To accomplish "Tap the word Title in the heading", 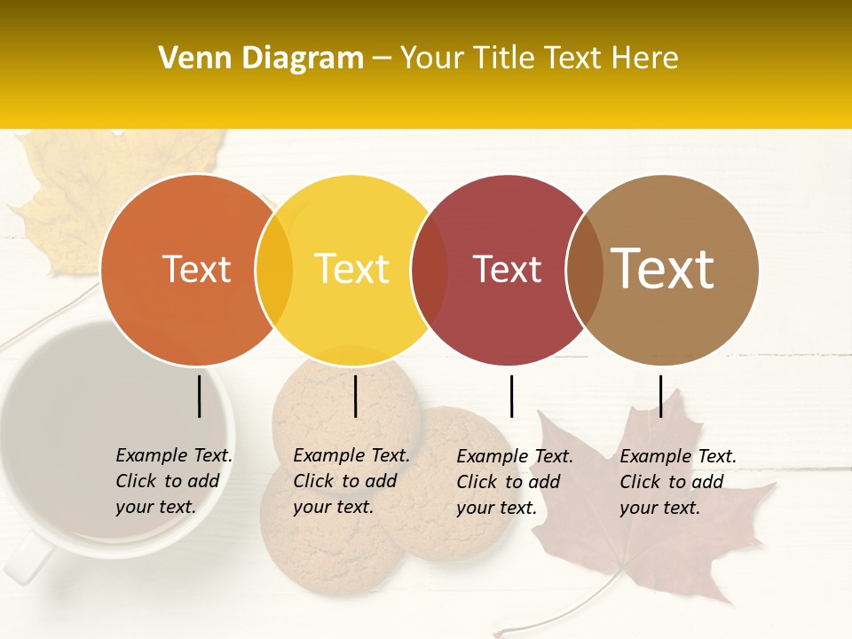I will pos(504,59).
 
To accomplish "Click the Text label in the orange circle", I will pos(196,269).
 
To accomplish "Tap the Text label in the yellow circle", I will pos(352,269).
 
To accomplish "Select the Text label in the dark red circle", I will pos(508,269).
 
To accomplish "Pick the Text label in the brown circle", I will pos(663,269).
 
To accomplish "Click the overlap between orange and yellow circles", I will pos(274,269).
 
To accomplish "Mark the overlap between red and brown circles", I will pos(585,269).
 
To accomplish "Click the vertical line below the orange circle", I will pos(200,396).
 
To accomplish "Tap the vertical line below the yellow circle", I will pos(355,396).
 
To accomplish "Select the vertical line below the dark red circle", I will pos(512,396).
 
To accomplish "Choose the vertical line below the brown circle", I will pos(660,396).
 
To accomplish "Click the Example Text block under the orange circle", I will pos(173,481).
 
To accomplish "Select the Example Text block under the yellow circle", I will pos(351,481).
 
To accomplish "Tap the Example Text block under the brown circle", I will pos(677,482).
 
